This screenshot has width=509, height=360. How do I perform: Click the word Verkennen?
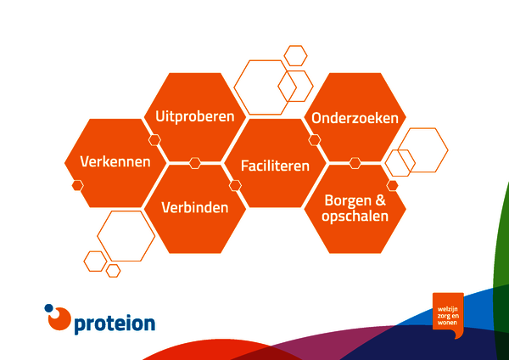click(x=115, y=161)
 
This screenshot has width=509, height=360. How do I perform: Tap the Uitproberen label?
click(x=195, y=116)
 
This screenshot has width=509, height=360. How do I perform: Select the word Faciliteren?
click(x=275, y=166)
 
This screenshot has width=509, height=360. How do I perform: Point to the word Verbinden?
click(x=195, y=207)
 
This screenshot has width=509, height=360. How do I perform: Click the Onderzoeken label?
click(x=355, y=118)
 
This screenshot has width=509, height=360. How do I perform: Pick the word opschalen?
click(x=355, y=217)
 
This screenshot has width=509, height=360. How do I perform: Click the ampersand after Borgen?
click(x=381, y=200)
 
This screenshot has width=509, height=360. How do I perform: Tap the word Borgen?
click(x=349, y=201)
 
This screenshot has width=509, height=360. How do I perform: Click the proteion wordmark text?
click(x=115, y=324)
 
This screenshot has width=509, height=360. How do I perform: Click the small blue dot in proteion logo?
click(x=48, y=308)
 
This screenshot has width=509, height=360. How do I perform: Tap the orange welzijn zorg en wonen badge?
click(x=448, y=313)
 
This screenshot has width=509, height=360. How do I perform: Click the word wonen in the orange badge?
click(x=447, y=323)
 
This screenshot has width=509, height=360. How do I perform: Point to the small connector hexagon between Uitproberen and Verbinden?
click(x=195, y=163)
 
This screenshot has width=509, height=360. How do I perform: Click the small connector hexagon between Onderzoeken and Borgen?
click(x=355, y=163)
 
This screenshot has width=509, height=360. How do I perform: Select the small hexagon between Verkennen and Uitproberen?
click(x=154, y=140)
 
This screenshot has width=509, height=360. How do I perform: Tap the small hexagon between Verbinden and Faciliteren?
click(x=235, y=186)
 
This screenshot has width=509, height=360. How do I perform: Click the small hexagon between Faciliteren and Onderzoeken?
click(x=314, y=140)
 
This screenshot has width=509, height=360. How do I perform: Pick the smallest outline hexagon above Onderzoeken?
click(x=295, y=55)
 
